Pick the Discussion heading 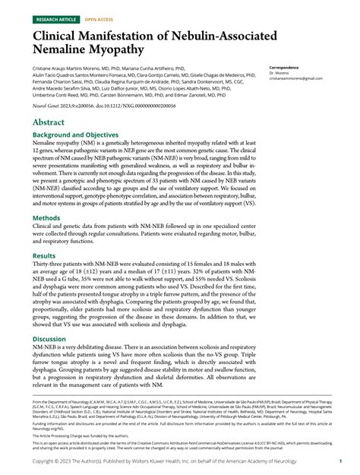50,338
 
